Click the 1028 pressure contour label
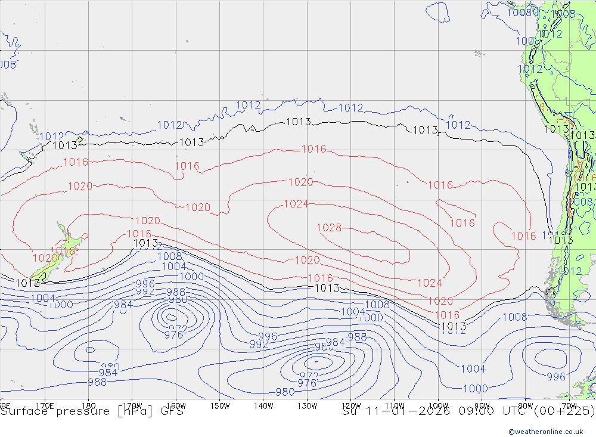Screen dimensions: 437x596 coord(328,228)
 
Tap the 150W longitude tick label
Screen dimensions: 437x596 coord(220,405)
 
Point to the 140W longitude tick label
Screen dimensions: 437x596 coord(263,405)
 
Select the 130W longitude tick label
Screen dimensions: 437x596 coord(307,405)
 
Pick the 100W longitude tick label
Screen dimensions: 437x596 coord(438,405)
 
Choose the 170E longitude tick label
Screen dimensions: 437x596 coord(45,405)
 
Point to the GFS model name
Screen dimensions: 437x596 coord(170,411)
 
